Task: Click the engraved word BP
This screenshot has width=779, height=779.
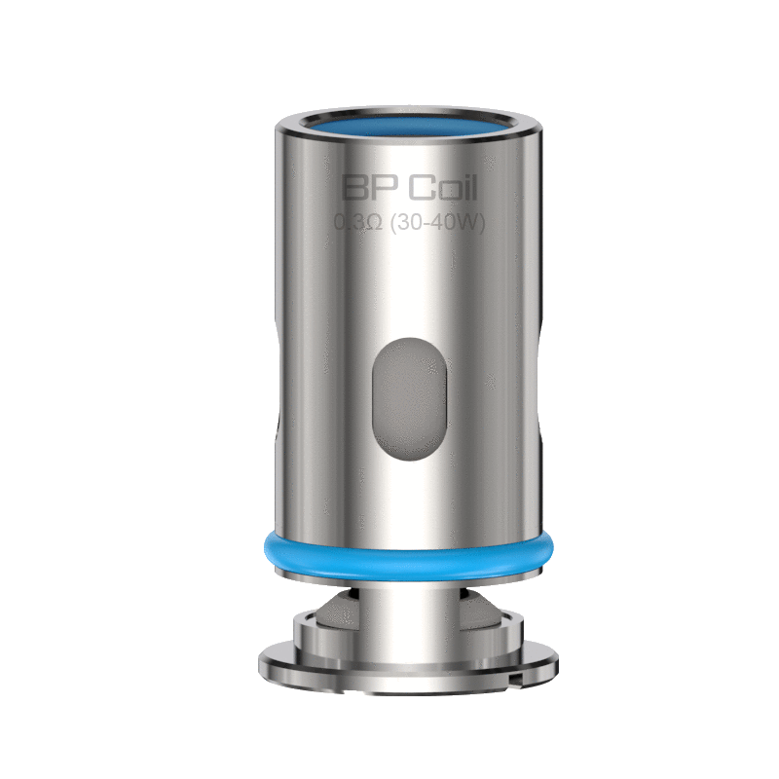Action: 370,187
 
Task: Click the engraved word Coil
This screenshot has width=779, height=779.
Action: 443,187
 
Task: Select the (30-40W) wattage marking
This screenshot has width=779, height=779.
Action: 437,222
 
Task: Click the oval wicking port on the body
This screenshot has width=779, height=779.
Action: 409,399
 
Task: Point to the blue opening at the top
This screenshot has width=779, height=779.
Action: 408,125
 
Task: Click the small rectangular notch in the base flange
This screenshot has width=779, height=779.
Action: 517,679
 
